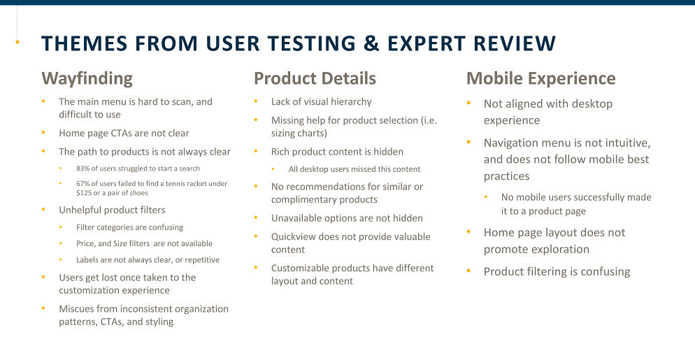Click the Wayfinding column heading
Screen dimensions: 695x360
coord(87,78)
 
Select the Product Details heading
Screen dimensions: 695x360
coord(315,78)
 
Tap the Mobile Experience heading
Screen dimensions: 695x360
coord(540,78)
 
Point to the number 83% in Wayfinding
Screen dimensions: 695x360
coord(83,168)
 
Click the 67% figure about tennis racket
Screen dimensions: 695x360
coord(83,184)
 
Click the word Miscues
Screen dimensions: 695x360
coord(76,308)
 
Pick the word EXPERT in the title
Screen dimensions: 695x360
coord(427,43)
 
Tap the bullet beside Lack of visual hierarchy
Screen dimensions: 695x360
coord(256,101)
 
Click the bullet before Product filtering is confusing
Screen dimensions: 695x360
coord(469,271)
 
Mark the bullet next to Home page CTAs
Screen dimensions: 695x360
coord(43,133)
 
